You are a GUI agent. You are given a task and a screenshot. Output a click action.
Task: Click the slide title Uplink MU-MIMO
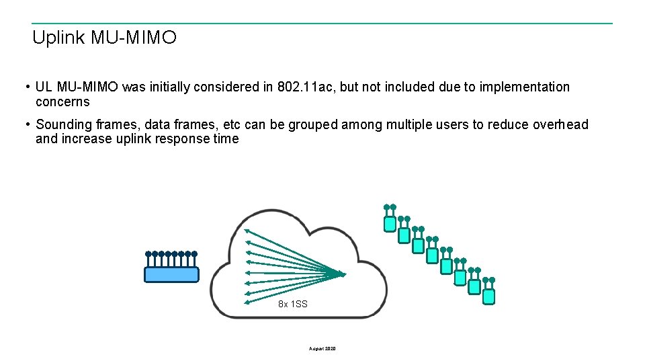[104, 38]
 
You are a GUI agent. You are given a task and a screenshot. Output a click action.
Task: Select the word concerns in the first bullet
[62, 102]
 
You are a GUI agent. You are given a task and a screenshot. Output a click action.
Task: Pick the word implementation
[525, 87]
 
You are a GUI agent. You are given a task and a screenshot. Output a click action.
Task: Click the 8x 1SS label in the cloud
[293, 305]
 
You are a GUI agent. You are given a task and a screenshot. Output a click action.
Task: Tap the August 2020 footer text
[322, 349]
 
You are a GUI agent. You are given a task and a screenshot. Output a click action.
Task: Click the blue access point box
[172, 274]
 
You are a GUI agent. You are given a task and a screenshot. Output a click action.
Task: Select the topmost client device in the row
[389, 223]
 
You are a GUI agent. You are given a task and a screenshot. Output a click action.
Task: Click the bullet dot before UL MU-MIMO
[26, 87]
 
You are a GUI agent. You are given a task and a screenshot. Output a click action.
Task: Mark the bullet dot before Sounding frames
[26, 125]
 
